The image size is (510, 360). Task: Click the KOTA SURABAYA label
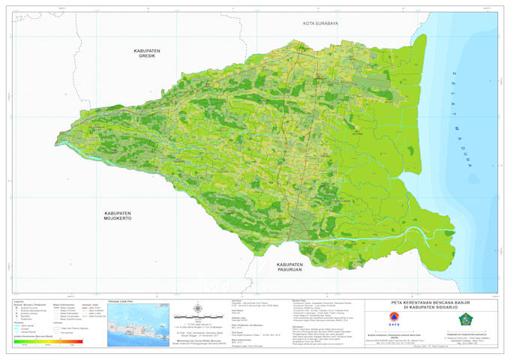click(x=321, y=24)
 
